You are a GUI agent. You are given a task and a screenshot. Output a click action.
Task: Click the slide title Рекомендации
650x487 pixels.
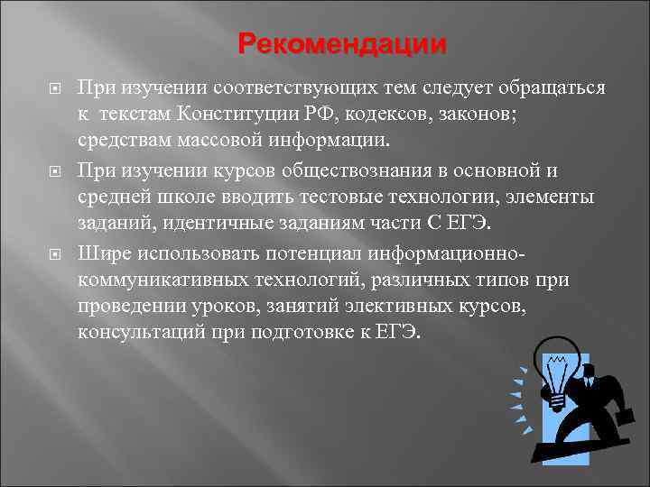343,44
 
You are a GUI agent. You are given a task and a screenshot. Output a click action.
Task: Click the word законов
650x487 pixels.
460,115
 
